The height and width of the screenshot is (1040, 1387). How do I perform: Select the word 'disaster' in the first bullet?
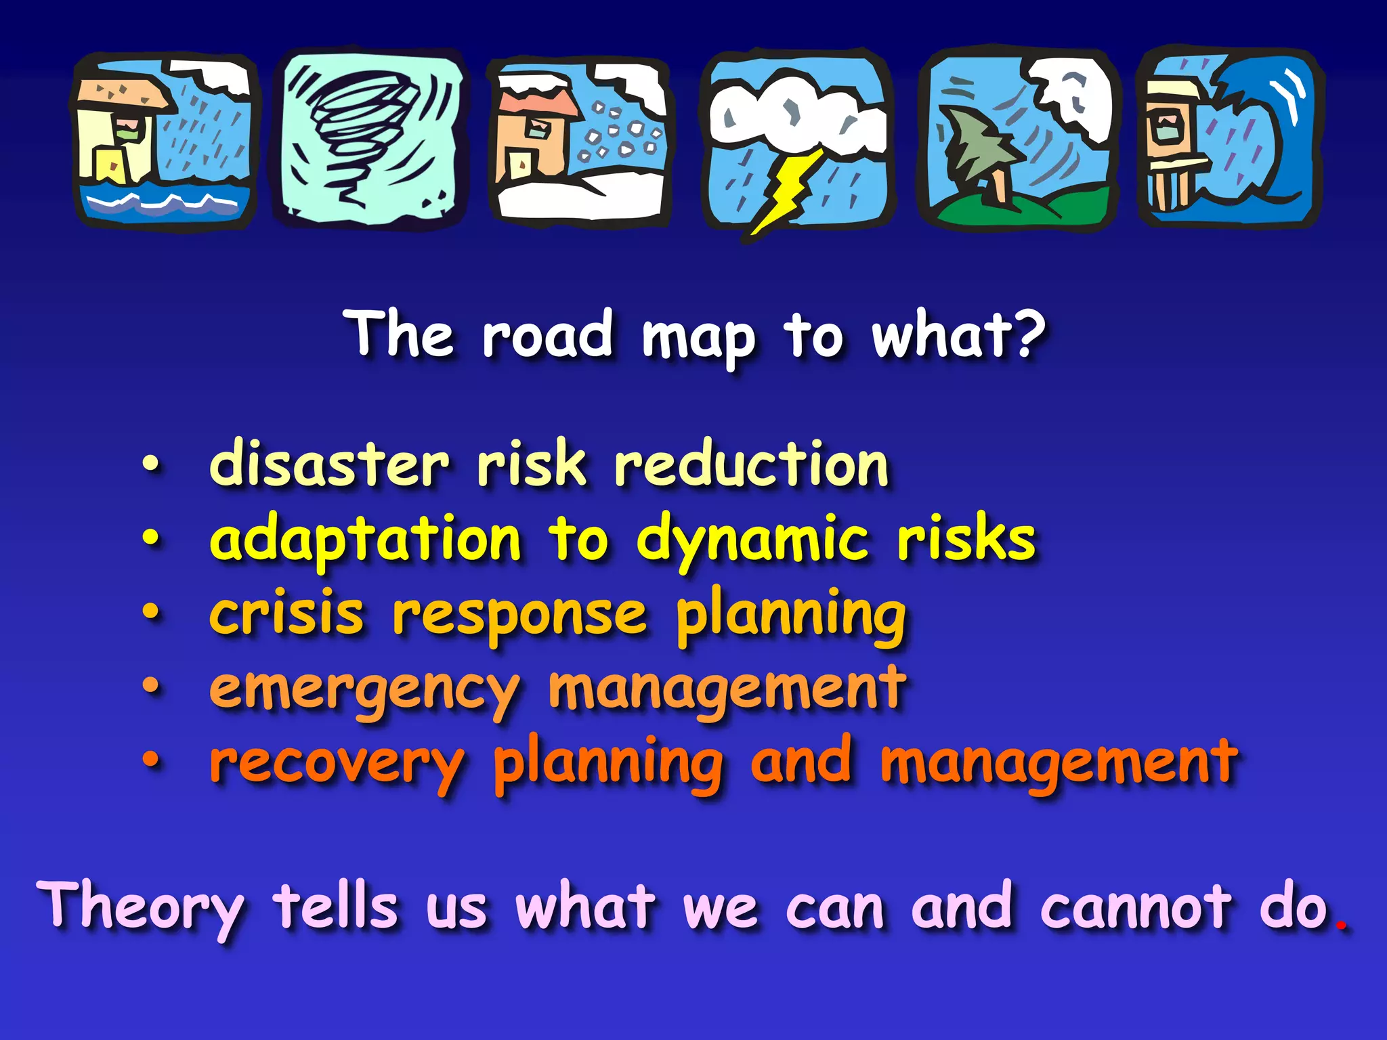(x=329, y=464)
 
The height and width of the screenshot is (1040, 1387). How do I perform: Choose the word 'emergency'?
(x=365, y=691)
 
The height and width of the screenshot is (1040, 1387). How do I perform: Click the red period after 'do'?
(x=1341, y=925)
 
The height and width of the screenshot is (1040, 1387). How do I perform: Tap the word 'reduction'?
(x=751, y=464)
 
